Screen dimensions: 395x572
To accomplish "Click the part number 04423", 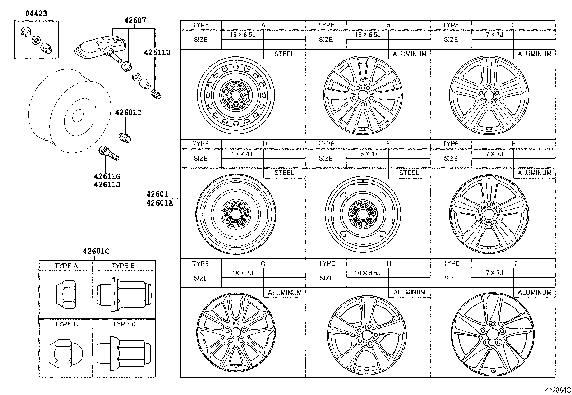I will coord(36,14).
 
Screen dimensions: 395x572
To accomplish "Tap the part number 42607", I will coord(135,21).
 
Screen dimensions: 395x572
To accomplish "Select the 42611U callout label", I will coord(157,52).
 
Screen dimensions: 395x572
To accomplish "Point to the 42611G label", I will coord(107,176).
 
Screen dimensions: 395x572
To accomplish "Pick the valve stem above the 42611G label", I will coord(108,153).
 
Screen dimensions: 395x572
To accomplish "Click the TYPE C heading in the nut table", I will coord(66,324).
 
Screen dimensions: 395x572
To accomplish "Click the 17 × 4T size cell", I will coord(243,154).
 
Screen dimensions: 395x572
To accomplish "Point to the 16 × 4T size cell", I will coord(368,154).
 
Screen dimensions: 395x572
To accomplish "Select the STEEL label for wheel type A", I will coord(284,54).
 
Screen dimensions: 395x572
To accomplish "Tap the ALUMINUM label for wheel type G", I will coord(284,293).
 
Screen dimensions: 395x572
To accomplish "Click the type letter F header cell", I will coord(513,144).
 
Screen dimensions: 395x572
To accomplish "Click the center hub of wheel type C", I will coord(489,95).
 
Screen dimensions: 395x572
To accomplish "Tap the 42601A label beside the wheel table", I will coord(160,203).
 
